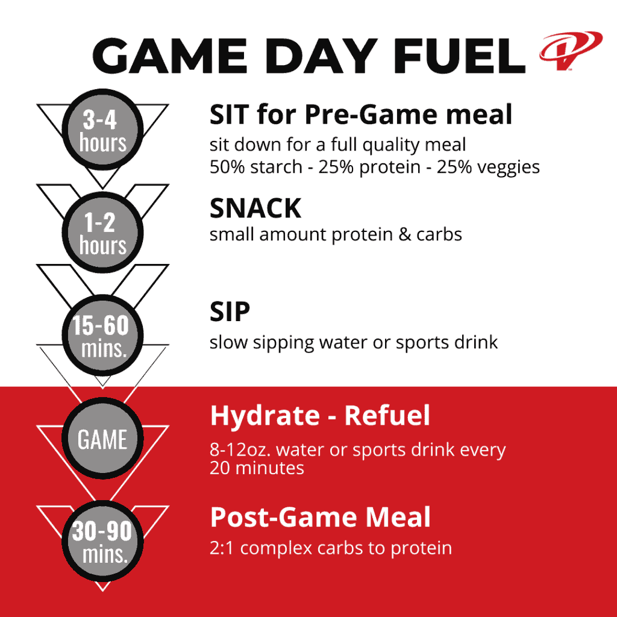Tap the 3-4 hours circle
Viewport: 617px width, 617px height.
pos(103,131)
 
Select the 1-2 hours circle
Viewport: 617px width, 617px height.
pos(103,234)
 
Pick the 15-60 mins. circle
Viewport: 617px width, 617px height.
pos(103,336)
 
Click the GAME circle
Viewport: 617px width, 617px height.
pos(103,439)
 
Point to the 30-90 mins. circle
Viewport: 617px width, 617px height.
pos(103,542)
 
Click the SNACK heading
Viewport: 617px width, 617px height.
pos(255,208)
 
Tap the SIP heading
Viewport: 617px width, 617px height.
pos(230,312)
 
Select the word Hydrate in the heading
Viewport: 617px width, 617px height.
pos(262,416)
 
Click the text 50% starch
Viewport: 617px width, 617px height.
pos(255,167)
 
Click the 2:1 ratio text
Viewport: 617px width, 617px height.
pos(223,548)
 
